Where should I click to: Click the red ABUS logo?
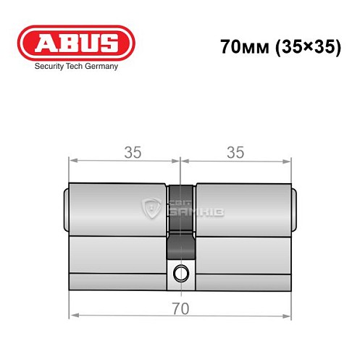[75, 43]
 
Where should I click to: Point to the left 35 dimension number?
[132, 152]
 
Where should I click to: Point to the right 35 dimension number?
[235, 152]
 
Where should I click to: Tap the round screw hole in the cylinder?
[180, 274]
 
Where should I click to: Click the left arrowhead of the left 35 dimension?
[72, 161]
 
